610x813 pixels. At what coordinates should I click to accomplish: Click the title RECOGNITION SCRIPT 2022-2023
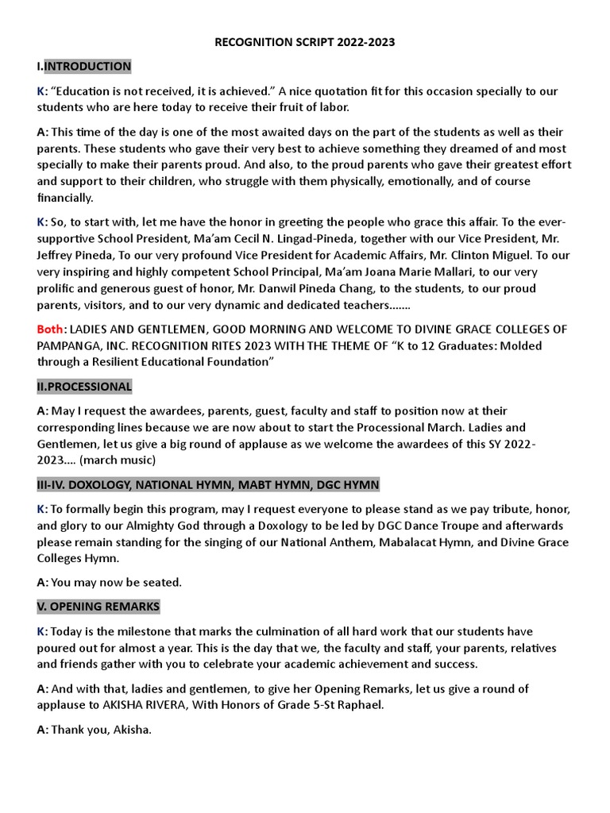pyautogui.click(x=306, y=42)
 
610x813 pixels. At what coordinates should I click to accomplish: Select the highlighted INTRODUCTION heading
pyautogui.click(x=87, y=66)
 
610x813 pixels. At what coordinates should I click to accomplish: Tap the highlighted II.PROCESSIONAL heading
pyautogui.click(x=84, y=386)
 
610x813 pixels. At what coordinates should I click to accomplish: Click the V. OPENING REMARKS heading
pyautogui.click(x=98, y=606)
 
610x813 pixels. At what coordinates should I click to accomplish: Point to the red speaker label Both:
pyautogui.click(x=51, y=329)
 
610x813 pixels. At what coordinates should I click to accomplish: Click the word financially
pyautogui.click(x=65, y=198)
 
